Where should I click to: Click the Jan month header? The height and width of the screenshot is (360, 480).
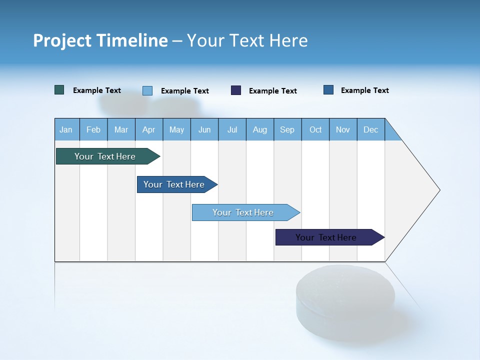(x=66, y=129)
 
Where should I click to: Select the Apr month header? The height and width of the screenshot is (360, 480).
(x=148, y=129)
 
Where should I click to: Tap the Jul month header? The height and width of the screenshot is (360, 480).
(x=232, y=129)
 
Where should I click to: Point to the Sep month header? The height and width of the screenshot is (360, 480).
(x=287, y=129)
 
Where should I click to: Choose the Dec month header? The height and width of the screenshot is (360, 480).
(x=370, y=129)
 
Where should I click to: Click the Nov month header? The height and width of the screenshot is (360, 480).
(x=342, y=129)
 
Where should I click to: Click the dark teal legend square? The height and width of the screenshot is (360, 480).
(x=59, y=90)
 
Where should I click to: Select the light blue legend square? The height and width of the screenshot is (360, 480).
(x=147, y=90)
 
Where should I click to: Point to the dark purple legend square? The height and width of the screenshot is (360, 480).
(x=236, y=90)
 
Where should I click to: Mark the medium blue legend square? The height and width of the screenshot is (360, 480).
(x=328, y=90)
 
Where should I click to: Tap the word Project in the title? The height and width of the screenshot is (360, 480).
(x=62, y=40)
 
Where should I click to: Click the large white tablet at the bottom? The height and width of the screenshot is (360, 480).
(x=340, y=295)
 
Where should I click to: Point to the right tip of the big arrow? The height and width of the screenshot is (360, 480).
(x=439, y=190)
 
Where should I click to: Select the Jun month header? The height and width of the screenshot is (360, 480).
(x=204, y=129)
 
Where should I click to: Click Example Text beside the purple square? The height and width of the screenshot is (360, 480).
(x=272, y=91)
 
